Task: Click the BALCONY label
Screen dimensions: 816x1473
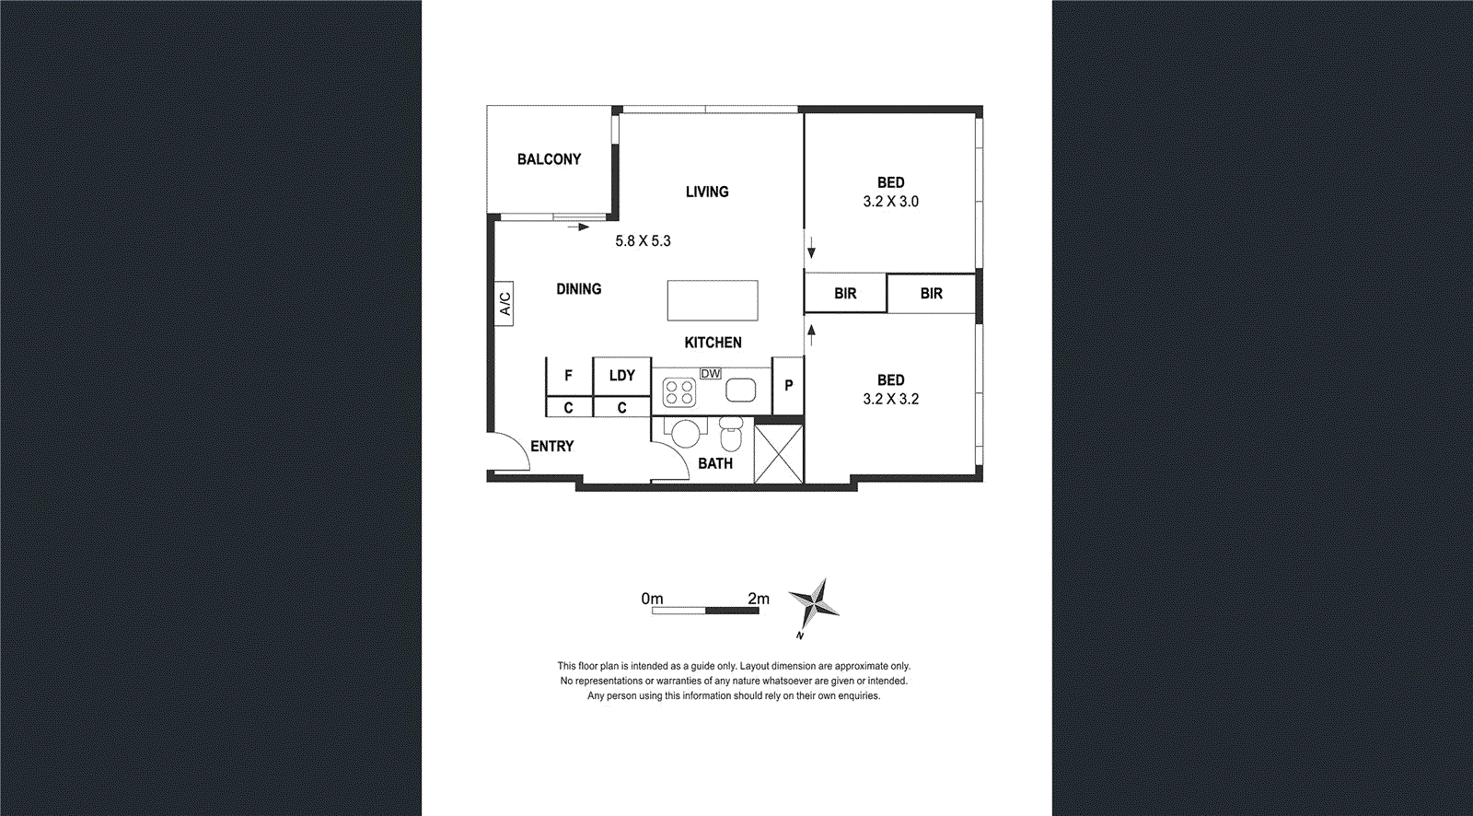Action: coord(549,159)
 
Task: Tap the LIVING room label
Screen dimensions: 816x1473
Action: coord(707,192)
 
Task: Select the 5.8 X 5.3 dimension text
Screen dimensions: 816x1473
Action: coord(643,241)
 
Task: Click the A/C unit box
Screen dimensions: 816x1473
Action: coord(505,304)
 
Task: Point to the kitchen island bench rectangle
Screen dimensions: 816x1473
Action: coord(713,300)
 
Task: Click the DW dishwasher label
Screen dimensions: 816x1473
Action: coord(711,374)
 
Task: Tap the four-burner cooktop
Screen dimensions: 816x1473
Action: coord(679,392)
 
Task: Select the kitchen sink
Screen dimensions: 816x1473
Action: coord(740,391)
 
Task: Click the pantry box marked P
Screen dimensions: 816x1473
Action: coord(788,386)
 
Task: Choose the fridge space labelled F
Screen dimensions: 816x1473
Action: coord(568,376)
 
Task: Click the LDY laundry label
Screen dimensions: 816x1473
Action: coord(621,376)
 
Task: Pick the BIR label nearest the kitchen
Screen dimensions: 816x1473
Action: coord(845,294)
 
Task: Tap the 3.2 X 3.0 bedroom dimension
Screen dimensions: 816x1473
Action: coord(890,202)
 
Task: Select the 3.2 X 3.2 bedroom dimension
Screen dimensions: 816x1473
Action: coord(890,399)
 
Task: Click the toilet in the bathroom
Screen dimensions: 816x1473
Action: coord(731,433)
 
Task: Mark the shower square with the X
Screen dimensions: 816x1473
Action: coord(779,452)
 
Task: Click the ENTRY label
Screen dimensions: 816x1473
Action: coord(551,447)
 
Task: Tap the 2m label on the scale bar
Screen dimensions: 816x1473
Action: coord(759,599)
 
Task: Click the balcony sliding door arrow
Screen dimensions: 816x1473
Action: coord(578,227)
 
